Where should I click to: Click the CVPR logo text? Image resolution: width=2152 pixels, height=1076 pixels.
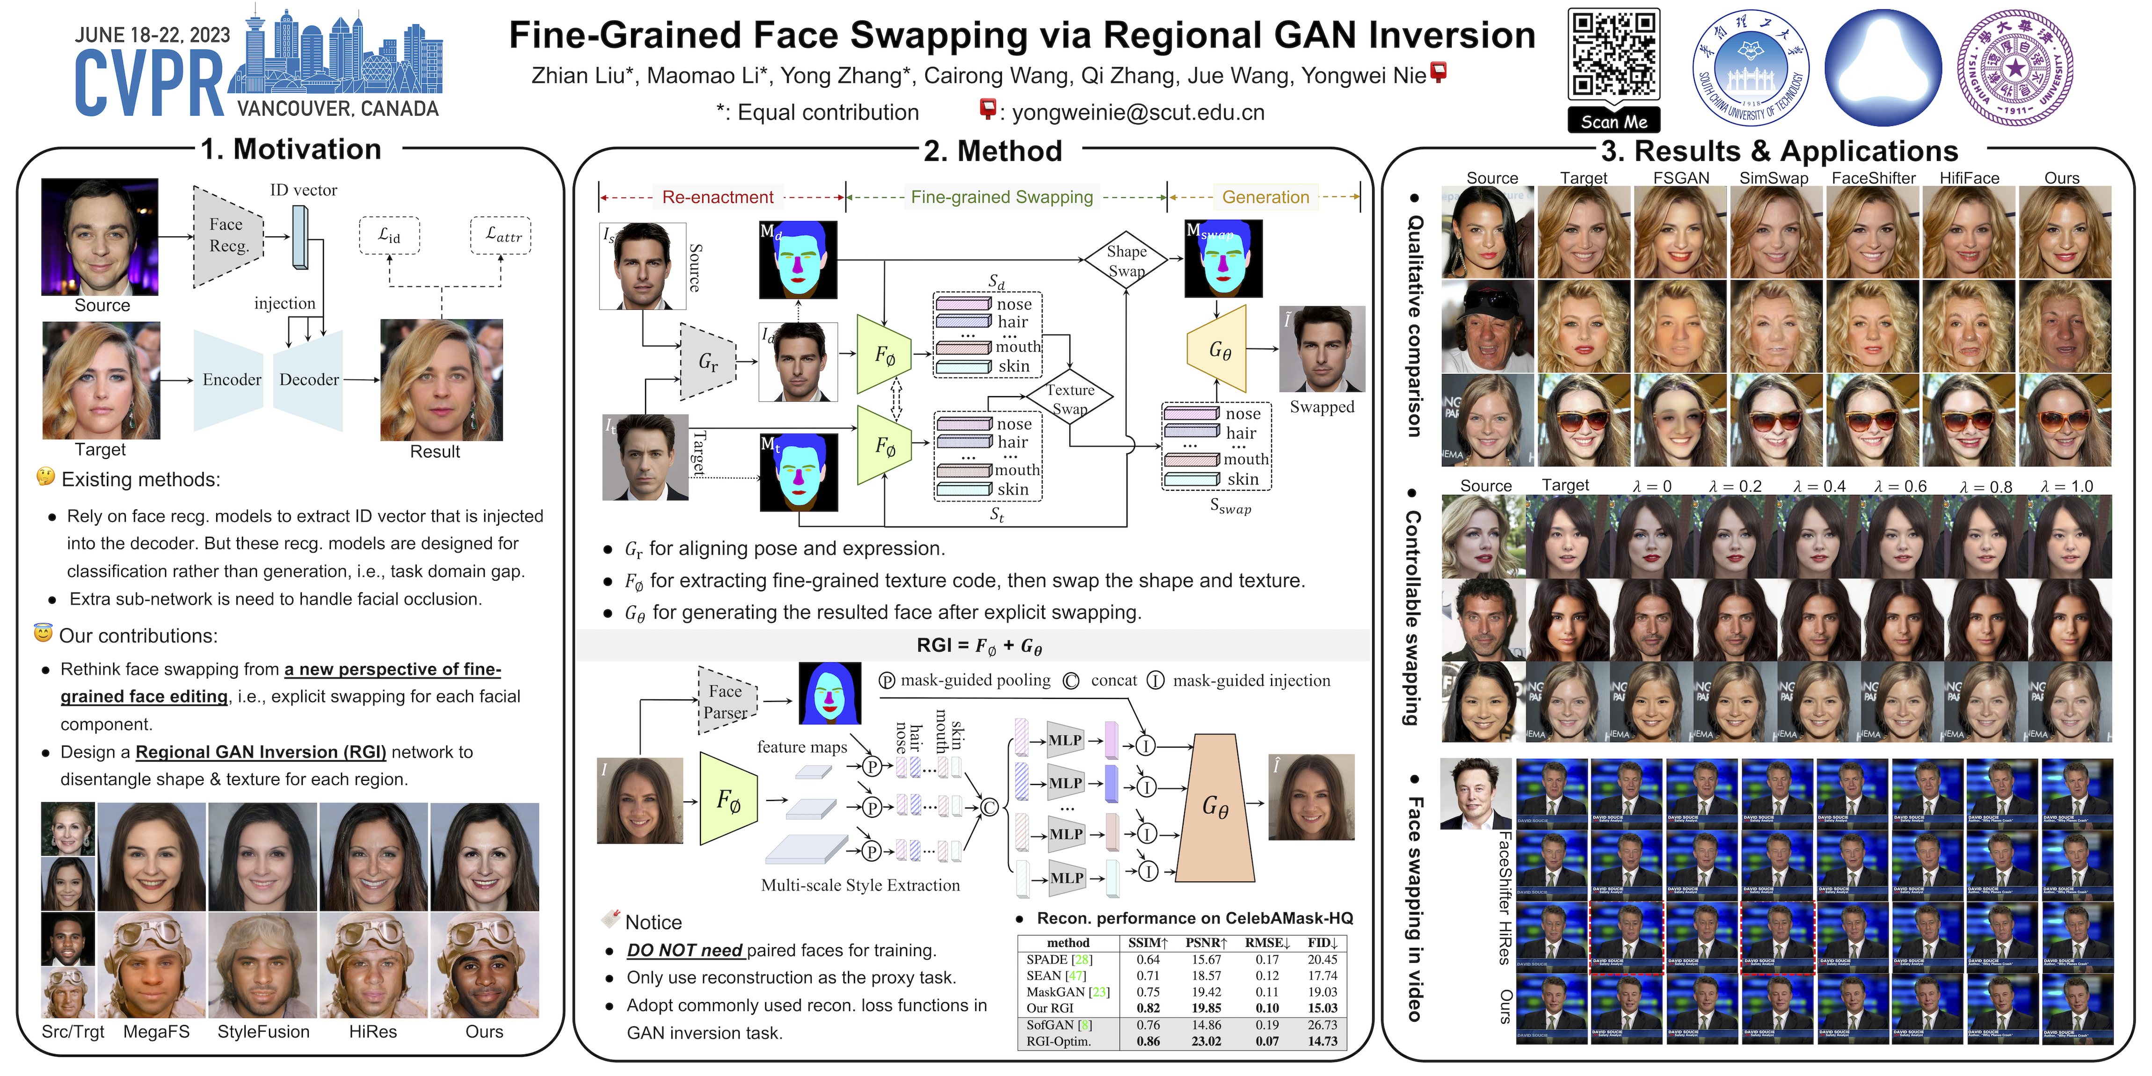149,84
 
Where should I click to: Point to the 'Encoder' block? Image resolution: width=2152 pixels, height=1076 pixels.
232,380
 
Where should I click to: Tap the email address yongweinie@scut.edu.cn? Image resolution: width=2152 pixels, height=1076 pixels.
1138,113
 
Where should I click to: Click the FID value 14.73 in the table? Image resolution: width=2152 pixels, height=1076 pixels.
1323,1041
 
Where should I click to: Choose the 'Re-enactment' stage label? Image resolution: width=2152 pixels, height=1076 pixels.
718,197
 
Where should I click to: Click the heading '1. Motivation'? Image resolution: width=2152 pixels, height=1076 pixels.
291,150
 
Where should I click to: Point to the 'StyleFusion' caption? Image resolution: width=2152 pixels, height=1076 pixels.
263,1032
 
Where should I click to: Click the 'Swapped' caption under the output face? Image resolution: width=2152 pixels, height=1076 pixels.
1322,407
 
